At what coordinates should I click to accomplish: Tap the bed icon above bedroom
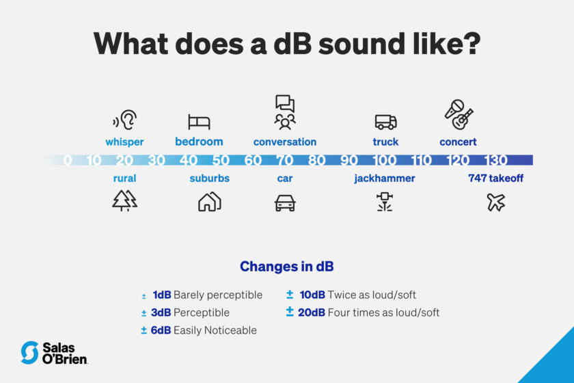point(199,122)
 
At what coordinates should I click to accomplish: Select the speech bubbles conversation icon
point(285,112)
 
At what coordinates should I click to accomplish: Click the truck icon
point(385,122)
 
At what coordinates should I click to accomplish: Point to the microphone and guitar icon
point(458,115)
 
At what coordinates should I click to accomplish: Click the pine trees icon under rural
point(124,200)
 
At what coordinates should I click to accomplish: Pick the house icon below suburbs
point(209,201)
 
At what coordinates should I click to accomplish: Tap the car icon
point(284,202)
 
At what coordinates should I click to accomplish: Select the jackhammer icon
point(384,201)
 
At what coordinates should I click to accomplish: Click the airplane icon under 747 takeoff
point(496,202)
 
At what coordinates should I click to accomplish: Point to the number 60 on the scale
point(253,161)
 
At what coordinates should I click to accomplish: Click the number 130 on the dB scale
point(496,161)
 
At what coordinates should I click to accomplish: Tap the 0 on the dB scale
point(67,161)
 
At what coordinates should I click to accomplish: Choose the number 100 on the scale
point(385,161)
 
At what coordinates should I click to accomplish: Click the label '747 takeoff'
point(495,179)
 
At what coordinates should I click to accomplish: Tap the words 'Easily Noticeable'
point(215,330)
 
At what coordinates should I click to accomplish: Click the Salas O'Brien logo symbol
point(29,352)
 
